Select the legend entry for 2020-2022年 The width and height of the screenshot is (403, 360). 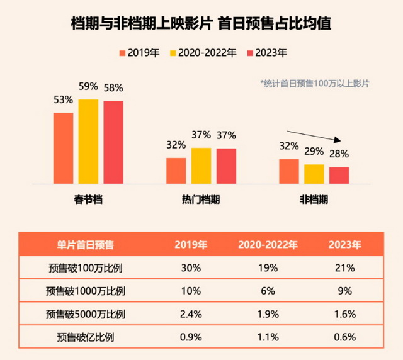tap(203, 53)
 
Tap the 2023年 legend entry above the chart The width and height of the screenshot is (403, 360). tap(267, 53)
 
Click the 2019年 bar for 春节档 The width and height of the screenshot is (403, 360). tap(63, 148)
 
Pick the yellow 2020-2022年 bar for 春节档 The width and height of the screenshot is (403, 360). tap(88, 142)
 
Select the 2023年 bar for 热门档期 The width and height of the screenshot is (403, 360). tap(226, 166)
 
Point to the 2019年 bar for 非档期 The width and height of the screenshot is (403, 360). tap(289, 171)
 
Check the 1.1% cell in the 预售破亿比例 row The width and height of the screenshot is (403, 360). tap(267, 336)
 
